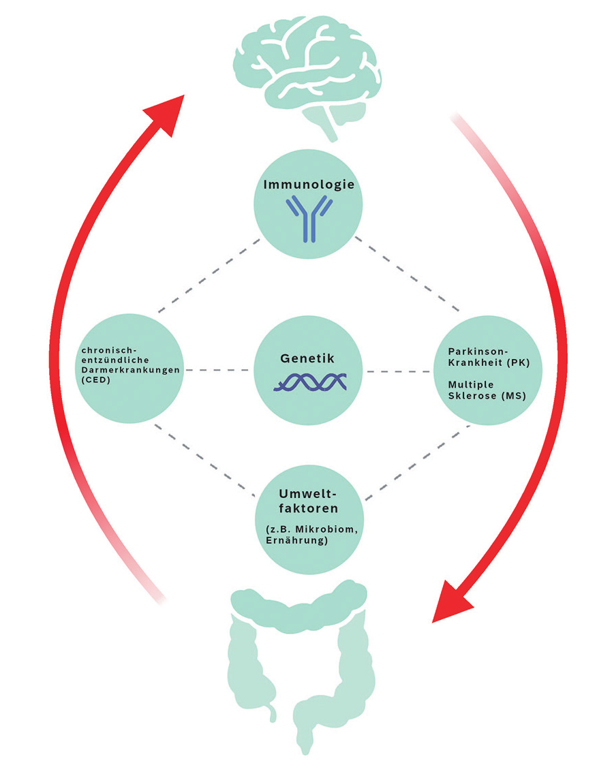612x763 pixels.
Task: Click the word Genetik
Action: pos(306,358)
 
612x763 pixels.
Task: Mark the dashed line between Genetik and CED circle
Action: pos(217,371)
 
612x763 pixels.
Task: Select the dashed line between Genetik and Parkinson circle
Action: pos(399,372)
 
